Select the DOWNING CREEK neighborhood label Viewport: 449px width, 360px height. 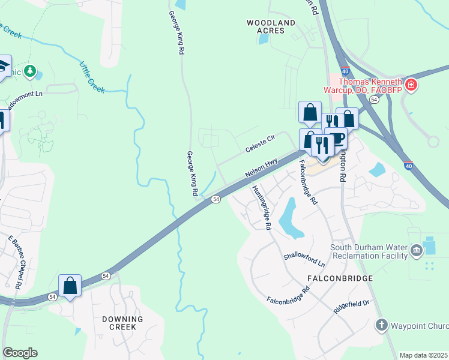pos(122,323)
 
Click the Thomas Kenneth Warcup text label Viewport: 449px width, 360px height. pos(369,86)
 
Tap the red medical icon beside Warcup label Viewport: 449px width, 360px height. pos(411,85)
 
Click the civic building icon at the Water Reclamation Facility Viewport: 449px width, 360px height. pos(417,249)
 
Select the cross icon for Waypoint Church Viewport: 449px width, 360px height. pos(381,326)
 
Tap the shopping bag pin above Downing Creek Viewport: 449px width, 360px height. pos(70,286)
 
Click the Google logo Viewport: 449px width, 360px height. pos(20,353)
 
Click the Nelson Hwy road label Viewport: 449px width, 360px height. pos(261,167)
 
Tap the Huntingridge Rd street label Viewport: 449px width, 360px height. pos(262,208)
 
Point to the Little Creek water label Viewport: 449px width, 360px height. pos(92,76)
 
